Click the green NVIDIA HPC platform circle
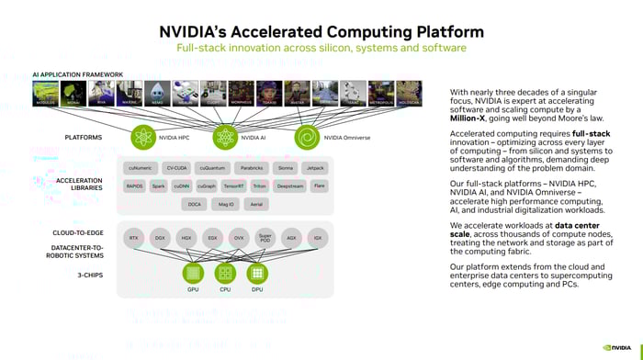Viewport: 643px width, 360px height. click(142, 138)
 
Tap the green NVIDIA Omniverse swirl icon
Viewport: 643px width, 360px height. click(306, 138)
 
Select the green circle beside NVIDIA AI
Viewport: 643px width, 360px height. click(225, 138)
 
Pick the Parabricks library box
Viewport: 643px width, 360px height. click(252, 168)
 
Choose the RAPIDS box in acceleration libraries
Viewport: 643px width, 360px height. click(134, 186)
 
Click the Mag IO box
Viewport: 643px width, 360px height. click(226, 204)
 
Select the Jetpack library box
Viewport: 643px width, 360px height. click(315, 168)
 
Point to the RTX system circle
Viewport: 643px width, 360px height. click(134, 237)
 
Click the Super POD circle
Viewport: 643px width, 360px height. click(265, 237)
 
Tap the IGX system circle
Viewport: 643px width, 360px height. click(318, 237)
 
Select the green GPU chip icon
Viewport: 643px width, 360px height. click(193, 273)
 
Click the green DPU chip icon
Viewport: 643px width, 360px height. click(257, 273)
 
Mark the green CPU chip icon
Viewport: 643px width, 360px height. click(225, 273)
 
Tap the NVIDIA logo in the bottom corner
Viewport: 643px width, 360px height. click(618, 347)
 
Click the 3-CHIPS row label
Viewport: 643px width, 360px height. click(88, 273)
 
